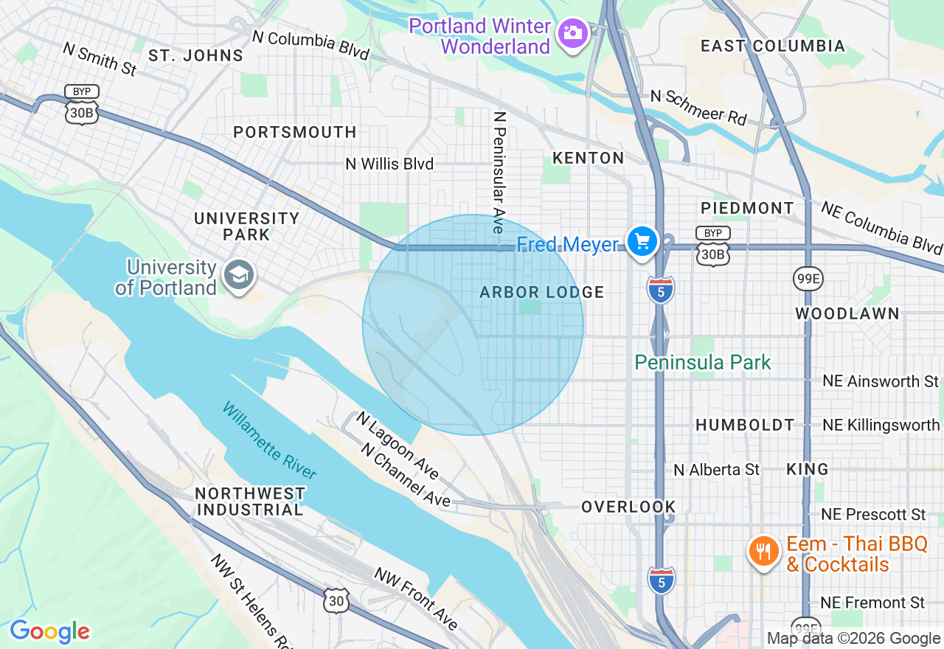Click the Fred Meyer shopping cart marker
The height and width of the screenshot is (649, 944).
[x=642, y=241]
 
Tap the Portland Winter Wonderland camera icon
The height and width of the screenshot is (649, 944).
[x=572, y=33]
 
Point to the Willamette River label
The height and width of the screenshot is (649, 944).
[x=269, y=441]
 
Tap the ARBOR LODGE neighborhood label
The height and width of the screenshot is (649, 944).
[x=541, y=292]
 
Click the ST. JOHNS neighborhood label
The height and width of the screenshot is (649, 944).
[x=195, y=55]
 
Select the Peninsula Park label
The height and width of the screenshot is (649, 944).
[x=702, y=362]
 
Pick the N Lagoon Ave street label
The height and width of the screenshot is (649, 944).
[x=397, y=445]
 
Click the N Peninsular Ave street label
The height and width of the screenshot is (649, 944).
[x=499, y=173]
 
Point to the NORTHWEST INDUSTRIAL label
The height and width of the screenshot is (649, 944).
[x=250, y=502]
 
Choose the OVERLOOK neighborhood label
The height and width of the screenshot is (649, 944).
[x=628, y=507]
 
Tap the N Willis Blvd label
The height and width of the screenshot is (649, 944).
[x=389, y=164]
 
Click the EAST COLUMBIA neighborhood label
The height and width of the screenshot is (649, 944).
[x=772, y=46]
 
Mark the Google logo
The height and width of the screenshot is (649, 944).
[x=49, y=631]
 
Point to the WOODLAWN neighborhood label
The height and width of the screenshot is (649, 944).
[x=847, y=313]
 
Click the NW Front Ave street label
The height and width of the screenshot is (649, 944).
[x=416, y=598]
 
